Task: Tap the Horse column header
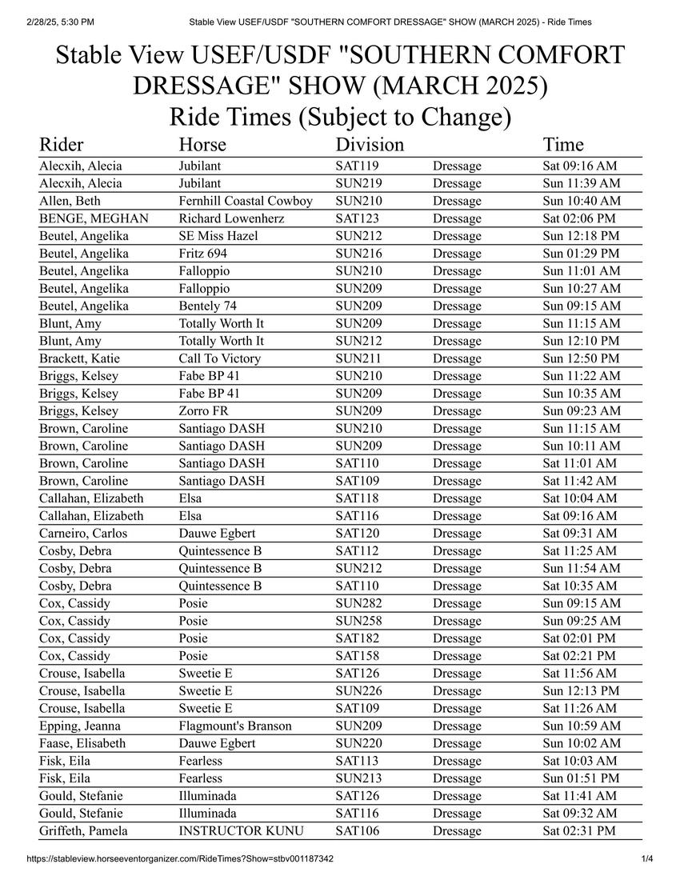[x=202, y=145]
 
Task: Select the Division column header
[x=370, y=145]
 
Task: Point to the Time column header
[x=563, y=145]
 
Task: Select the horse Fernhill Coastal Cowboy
[x=246, y=201]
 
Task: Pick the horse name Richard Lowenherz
[x=231, y=218]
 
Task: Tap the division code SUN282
[x=358, y=603]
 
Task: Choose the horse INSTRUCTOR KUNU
[x=241, y=830]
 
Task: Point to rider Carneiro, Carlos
[x=83, y=534]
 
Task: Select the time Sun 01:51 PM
[x=581, y=778]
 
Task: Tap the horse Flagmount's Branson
[x=235, y=726]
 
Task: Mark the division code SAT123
[x=358, y=218]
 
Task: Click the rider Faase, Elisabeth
[x=82, y=743]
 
